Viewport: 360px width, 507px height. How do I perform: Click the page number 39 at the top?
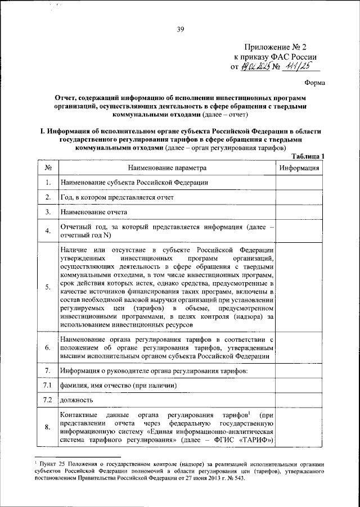point(180,30)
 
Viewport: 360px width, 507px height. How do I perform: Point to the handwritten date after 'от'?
point(256,67)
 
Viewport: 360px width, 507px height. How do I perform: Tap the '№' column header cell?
point(48,168)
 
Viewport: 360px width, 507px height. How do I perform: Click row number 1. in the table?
point(48,183)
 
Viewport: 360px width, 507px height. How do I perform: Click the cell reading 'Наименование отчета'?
point(93,212)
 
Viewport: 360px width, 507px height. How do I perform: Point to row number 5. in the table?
point(48,287)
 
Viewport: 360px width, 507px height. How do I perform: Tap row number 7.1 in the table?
point(48,385)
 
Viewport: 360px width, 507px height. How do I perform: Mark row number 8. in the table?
point(48,427)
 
